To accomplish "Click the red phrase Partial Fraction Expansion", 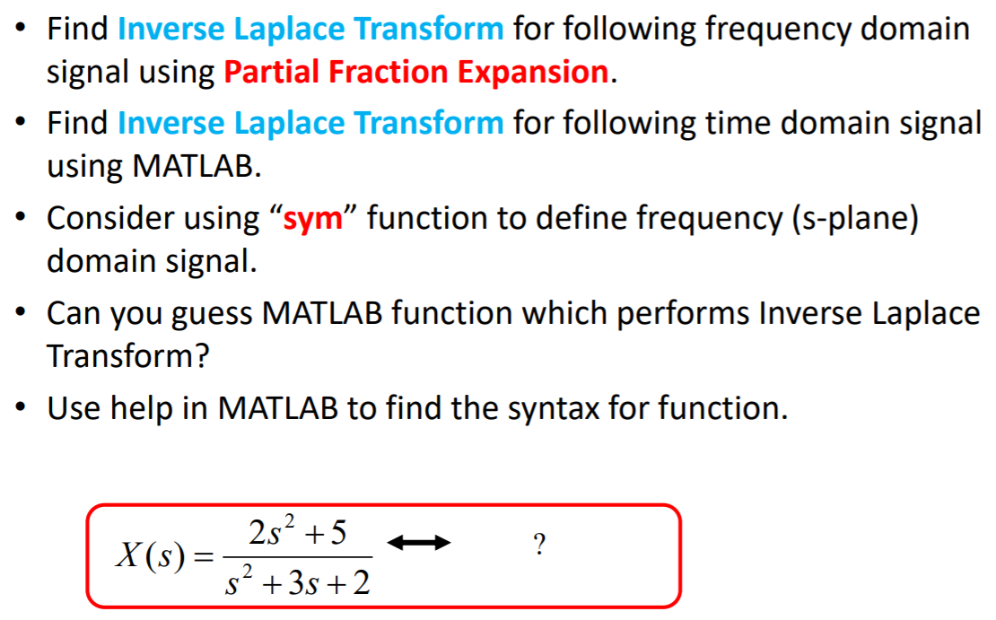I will pos(416,73).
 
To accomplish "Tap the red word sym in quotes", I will pos(313,218).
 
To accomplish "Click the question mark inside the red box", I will pos(538,545).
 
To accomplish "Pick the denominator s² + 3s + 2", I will pos(297,584).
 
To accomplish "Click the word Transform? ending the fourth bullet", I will pos(127,356).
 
